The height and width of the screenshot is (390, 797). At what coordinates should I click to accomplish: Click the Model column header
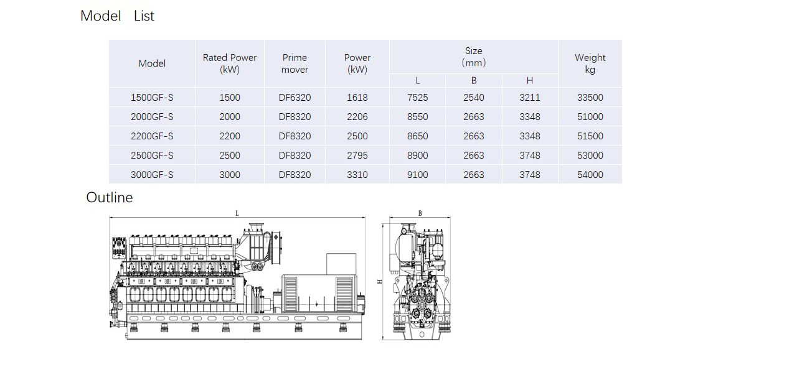pos(152,63)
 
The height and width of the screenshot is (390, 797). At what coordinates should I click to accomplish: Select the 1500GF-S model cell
pos(152,98)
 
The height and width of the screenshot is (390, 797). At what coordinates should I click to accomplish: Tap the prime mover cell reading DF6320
pos(295,98)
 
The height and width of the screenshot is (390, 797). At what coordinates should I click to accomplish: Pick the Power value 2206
pos(357,116)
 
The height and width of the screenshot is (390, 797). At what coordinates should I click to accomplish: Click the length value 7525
pos(417,98)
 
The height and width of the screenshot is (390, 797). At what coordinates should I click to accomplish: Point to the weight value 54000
pos(590,175)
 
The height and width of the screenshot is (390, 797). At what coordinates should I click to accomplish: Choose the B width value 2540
pos(474,98)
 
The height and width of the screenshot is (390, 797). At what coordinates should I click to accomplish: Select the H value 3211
pos(529,98)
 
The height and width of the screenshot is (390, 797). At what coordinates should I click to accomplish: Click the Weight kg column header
pos(590,63)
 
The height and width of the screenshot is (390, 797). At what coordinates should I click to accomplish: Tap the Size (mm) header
pos(474,57)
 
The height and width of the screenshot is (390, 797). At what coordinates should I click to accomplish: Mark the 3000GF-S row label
pos(152,175)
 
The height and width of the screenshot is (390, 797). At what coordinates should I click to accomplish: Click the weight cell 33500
pos(590,98)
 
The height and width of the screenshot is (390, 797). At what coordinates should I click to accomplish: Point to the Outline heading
pos(109,197)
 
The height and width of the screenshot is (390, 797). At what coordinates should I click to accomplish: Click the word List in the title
pos(144,16)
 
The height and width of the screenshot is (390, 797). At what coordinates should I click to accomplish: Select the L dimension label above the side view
pos(237,213)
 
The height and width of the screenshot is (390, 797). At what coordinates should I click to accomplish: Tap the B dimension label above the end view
pos(420,213)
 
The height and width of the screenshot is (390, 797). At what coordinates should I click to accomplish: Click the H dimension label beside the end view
pos(380,282)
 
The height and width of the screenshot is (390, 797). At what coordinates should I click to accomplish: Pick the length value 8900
pos(417,156)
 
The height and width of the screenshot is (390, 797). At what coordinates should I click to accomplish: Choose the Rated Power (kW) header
pos(230,63)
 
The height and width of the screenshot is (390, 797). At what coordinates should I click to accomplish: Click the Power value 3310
pos(357,175)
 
